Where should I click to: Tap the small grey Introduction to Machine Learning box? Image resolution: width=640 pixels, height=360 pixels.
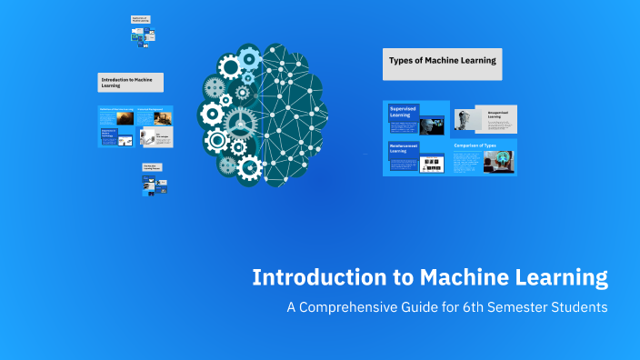[x=131, y=83]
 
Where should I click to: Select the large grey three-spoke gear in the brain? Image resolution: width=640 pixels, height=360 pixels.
[x=239, y=120]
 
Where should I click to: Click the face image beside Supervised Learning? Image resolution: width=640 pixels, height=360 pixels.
[x=435, y=122]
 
